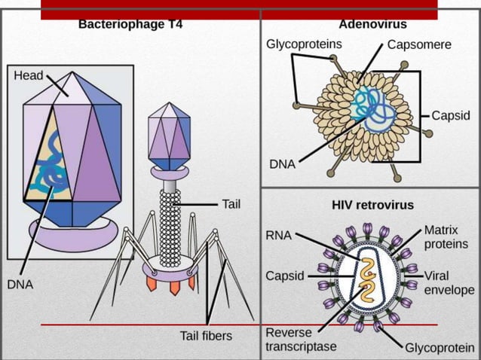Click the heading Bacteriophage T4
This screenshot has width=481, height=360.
coord(130,24)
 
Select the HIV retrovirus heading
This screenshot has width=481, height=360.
coord(372,204)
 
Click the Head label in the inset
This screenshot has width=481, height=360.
coord(29,76)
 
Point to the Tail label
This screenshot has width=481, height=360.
coord(231,203)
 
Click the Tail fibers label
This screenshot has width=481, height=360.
coord(206,335)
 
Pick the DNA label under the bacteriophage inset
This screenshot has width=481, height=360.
coord(20,285)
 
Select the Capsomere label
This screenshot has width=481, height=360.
coord(419,44)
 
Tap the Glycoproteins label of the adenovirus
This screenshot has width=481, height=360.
coord(304,44)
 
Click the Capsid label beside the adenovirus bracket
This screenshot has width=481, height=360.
coord(451,115)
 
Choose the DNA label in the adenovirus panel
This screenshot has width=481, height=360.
coord(282,163)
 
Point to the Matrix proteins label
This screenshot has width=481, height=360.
coord(446,236)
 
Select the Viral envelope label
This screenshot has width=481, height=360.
coord(449,282)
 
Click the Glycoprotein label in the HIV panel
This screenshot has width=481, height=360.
coord(440,347)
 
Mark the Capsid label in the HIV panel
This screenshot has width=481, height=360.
coord(284,276)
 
